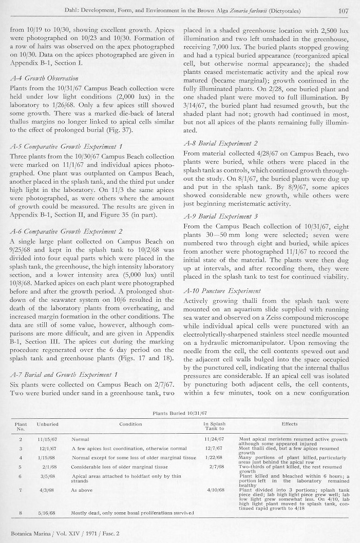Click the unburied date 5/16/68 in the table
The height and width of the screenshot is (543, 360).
tap(47, 513)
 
